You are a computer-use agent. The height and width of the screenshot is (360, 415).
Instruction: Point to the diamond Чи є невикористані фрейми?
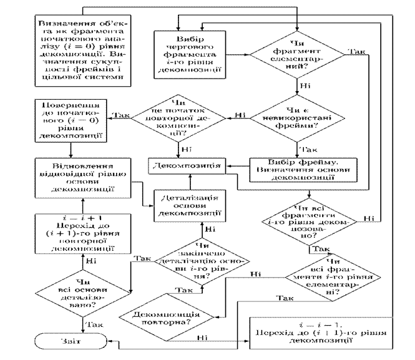(296, 116)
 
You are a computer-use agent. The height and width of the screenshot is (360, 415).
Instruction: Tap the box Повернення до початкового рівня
(71, 119)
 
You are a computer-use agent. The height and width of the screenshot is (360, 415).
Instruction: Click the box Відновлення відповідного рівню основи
(79, 176)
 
